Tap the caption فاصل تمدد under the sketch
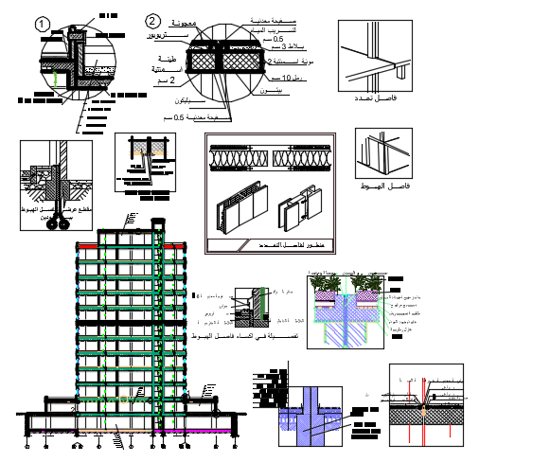click(x=376, y=99)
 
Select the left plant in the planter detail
click(x=330, y=284)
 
